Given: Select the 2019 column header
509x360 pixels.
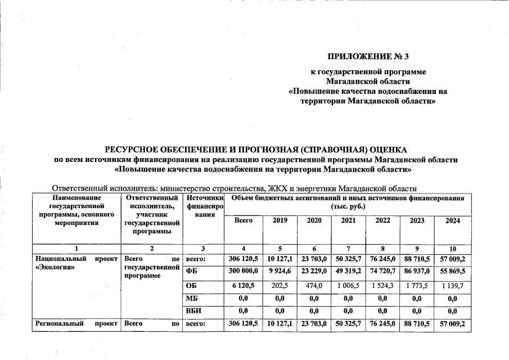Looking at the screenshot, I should point(280,221).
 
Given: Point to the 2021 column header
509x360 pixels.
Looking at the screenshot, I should point(348,221).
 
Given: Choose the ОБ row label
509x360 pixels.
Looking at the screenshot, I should point(192,286).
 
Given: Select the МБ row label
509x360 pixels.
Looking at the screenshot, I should point(192,299).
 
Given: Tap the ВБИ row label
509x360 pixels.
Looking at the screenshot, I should point(194,311).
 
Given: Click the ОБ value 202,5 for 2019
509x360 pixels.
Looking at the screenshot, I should point(280,286).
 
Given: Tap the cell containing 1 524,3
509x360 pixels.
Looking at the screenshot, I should point(382,286).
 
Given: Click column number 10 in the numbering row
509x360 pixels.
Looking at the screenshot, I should point(452,249).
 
